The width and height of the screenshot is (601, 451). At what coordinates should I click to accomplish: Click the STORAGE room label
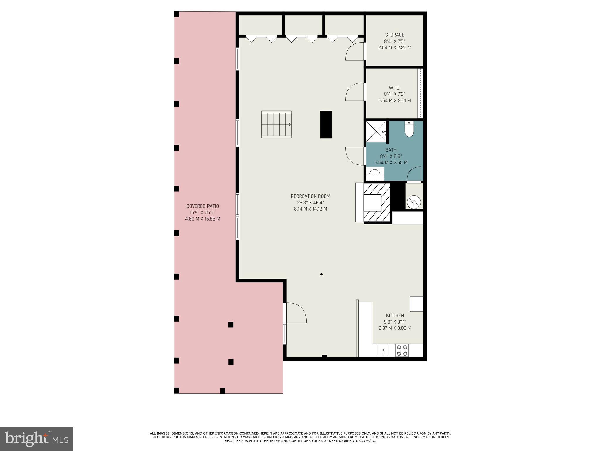point(394,35)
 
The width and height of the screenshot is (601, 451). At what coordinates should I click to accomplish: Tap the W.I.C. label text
point(394,88)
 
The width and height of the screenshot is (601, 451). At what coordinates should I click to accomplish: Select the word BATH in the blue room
point(391,150)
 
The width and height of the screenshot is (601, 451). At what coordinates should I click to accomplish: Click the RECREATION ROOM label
point(310,196)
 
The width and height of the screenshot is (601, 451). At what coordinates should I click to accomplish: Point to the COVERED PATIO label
point(202,206)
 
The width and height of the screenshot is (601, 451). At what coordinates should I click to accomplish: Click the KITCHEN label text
point(395,315)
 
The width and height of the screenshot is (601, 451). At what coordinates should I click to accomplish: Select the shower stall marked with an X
point(376,131)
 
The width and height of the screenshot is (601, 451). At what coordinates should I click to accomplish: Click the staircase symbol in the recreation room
point(276,124)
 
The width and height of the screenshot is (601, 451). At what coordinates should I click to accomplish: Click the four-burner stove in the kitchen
point(402,350)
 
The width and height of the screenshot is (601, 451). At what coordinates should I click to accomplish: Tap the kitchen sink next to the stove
point(384,350)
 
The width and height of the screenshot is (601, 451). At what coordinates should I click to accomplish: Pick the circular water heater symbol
point(414,201)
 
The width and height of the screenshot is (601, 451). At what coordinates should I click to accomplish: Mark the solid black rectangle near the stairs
point(326,124)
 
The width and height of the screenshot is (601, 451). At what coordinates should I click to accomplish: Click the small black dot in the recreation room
point(321,274)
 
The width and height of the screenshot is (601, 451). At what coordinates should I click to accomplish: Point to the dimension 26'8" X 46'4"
point(310,203)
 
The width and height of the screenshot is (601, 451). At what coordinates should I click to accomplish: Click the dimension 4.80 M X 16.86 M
point(202,219)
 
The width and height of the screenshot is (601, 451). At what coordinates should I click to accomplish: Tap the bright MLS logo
point(37,439)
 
